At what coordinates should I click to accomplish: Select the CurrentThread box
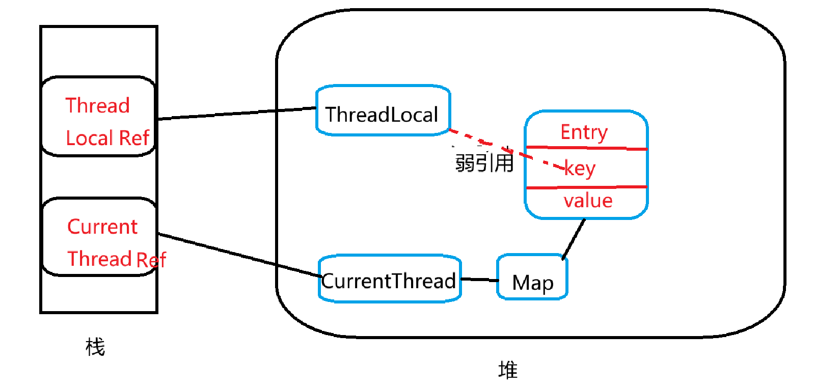(x=390, y=280)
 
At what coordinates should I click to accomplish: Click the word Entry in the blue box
(x=584, y=132)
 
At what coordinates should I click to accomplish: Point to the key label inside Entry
(x=580, y=168)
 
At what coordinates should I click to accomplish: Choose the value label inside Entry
(x=588, y=201)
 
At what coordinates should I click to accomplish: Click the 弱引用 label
(x=484, y=163)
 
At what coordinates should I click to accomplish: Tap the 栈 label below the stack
(x=95, y=347)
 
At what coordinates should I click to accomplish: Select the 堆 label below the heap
(x=508, y=370)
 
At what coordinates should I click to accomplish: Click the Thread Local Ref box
(x=98, y=117)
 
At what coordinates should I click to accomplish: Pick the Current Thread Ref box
(x=99, y=237)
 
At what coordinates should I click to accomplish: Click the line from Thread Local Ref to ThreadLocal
(x=237, y=113)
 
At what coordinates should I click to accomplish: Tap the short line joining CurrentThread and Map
(x=479, y=280)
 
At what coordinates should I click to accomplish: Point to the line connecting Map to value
(x=574, y=239)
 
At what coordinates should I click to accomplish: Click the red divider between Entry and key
(x=586, y=148)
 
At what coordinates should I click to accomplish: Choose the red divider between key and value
(x=586, y=187)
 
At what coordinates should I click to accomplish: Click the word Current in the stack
(x=102, y=227)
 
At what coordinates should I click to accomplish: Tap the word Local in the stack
(x=89, y=138)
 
